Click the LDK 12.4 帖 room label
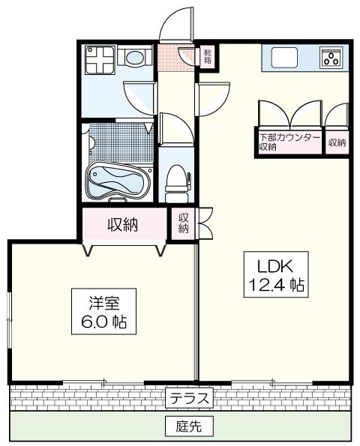(276, 274)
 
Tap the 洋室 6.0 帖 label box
(103, 311)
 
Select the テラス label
(189, 398)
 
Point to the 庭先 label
(189, 426)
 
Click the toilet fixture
(177, 183)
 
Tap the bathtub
(118, 181)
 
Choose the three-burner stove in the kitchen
(331, 58)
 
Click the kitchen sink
(284, 58)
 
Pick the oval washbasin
(135, 58)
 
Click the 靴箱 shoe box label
(207, 56)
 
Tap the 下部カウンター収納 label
(289, 142)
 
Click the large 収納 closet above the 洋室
(123, 225)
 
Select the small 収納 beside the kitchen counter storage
(337, 142)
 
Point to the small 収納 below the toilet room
(184, 223)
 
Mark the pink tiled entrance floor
(176, 57)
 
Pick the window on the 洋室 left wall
(10, 320)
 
